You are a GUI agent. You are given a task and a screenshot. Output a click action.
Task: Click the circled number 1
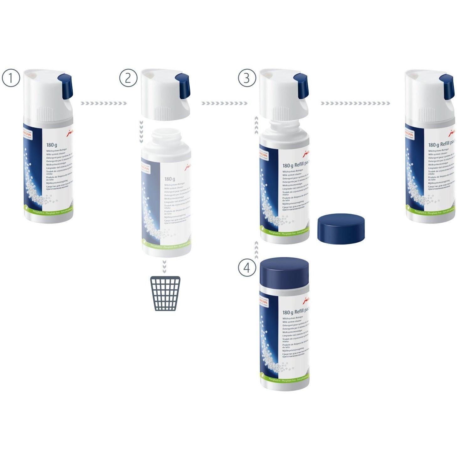(x=11, y=78)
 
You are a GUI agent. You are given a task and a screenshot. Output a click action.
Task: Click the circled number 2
(x=128, y=78)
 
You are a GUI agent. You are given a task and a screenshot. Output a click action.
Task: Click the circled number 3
(x=247, y=78)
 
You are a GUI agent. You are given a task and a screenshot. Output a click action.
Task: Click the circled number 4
(x=247, y=268)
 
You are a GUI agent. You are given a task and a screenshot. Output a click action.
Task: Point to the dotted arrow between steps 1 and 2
(x=103, y=103)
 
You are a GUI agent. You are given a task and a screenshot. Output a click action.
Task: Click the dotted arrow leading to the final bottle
(x=355, y=103)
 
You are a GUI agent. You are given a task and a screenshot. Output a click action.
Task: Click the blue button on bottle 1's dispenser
(x=66, y=85)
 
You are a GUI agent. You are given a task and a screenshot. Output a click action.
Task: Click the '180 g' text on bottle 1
(x=52, y=145)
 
